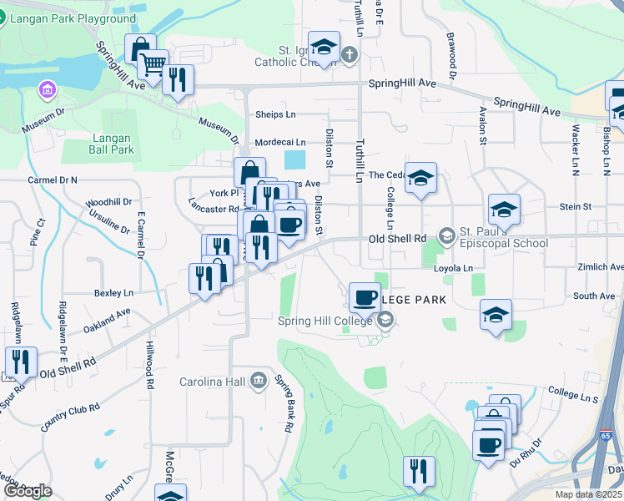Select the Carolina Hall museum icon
click(259, 382)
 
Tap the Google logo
click(28, 491)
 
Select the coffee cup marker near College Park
click(365, 296)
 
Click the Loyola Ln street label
click(453, 268)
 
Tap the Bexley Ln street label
click(113, 293)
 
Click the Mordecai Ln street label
click(280, 142)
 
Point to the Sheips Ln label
click(275, 114)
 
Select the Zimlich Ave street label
click(601, 267)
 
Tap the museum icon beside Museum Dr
click(48, 89)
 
